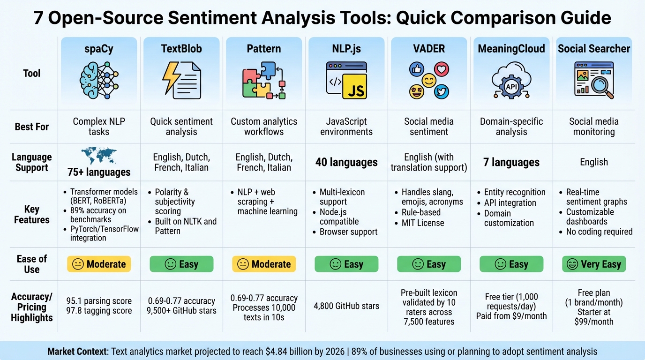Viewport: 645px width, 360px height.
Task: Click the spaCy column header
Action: tap(98, 48)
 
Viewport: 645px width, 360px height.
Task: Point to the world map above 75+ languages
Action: tap(98, 156)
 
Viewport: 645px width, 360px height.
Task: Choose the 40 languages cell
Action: tap(346, 162)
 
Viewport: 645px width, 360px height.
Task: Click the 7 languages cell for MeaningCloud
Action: tap(511, 162)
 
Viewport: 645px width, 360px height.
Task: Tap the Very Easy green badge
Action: tap(594, 264)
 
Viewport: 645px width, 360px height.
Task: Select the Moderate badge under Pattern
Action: tap(264, 264)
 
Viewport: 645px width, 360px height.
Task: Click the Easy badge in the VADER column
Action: tap(429, 264)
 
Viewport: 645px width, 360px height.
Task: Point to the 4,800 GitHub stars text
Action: tap(346, 306)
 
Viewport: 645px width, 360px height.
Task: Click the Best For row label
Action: tap(32, 127)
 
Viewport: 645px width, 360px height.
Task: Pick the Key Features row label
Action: tap(32, 214)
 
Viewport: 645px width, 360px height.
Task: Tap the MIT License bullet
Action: tap(423, 223)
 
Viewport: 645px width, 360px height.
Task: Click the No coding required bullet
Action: tap(599, 232)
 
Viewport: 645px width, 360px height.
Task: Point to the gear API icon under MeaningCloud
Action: tap(511, 86)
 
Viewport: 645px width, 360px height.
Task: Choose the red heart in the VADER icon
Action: tap(441, 70)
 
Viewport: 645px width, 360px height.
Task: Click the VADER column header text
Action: tap(429, 48)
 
